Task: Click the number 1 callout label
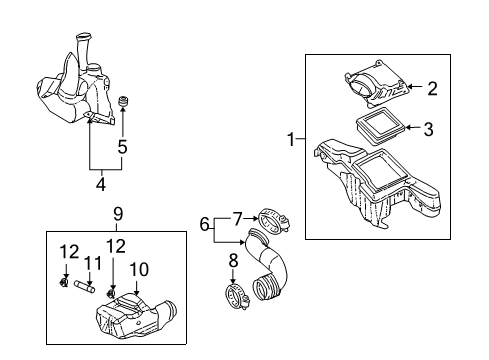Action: click(292, 140)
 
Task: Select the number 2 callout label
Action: click(432, 88)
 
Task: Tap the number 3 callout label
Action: click(428, 129)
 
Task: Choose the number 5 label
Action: click(122, 146)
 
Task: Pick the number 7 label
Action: click(238, 217)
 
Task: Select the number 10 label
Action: click(139, 268)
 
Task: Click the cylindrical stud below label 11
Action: click(88, 292)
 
